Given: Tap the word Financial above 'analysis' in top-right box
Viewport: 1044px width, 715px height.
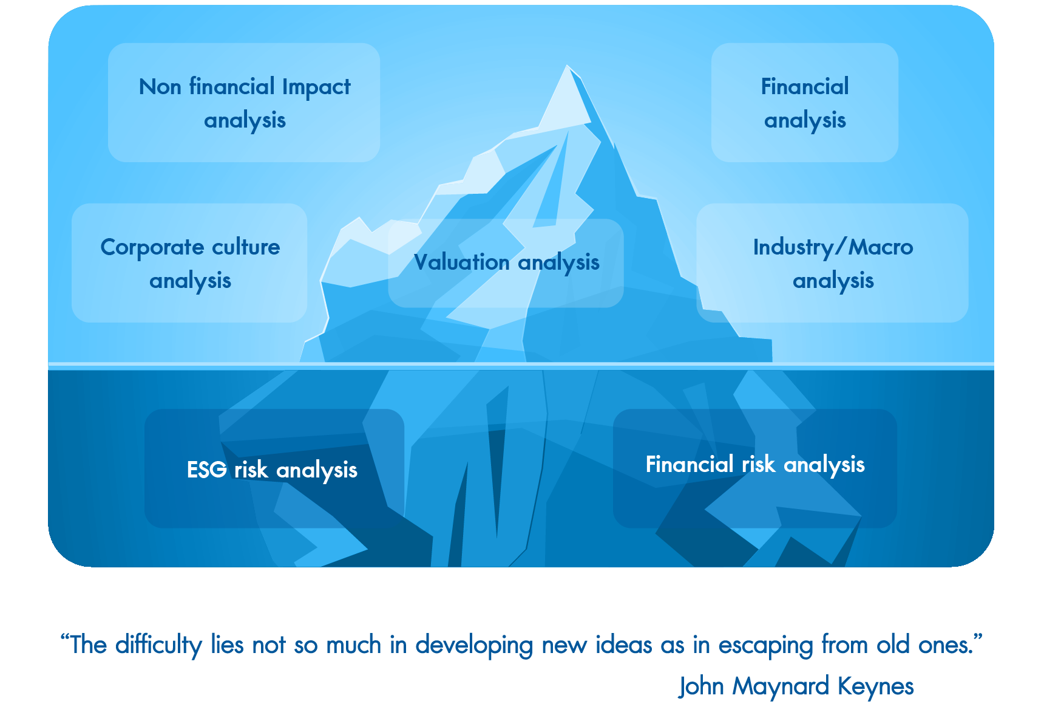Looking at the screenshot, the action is tap(805, 86).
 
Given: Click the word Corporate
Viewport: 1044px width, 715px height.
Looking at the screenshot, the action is tap(152, 248).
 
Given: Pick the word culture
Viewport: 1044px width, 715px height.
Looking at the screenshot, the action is tap(246, 247).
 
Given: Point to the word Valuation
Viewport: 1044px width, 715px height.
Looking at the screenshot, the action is tap(462, 262).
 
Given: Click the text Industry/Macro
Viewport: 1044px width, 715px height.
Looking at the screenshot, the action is tap(833, 248).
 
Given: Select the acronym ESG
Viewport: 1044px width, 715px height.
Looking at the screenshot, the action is tap(207, 470).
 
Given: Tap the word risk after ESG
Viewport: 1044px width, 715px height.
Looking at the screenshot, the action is tap(251, 470).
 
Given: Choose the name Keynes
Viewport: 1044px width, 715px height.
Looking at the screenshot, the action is tap(876, 687).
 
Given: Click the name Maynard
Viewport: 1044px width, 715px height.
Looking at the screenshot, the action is tap(781, 687).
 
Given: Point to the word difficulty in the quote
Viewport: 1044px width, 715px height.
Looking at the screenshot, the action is tap(158, 645).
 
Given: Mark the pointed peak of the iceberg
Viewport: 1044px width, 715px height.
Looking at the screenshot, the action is tap(568, 66).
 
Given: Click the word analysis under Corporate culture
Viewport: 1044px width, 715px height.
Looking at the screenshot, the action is tap(190, 281).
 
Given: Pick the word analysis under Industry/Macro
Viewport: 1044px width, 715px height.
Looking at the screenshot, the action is tap(833, 281).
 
